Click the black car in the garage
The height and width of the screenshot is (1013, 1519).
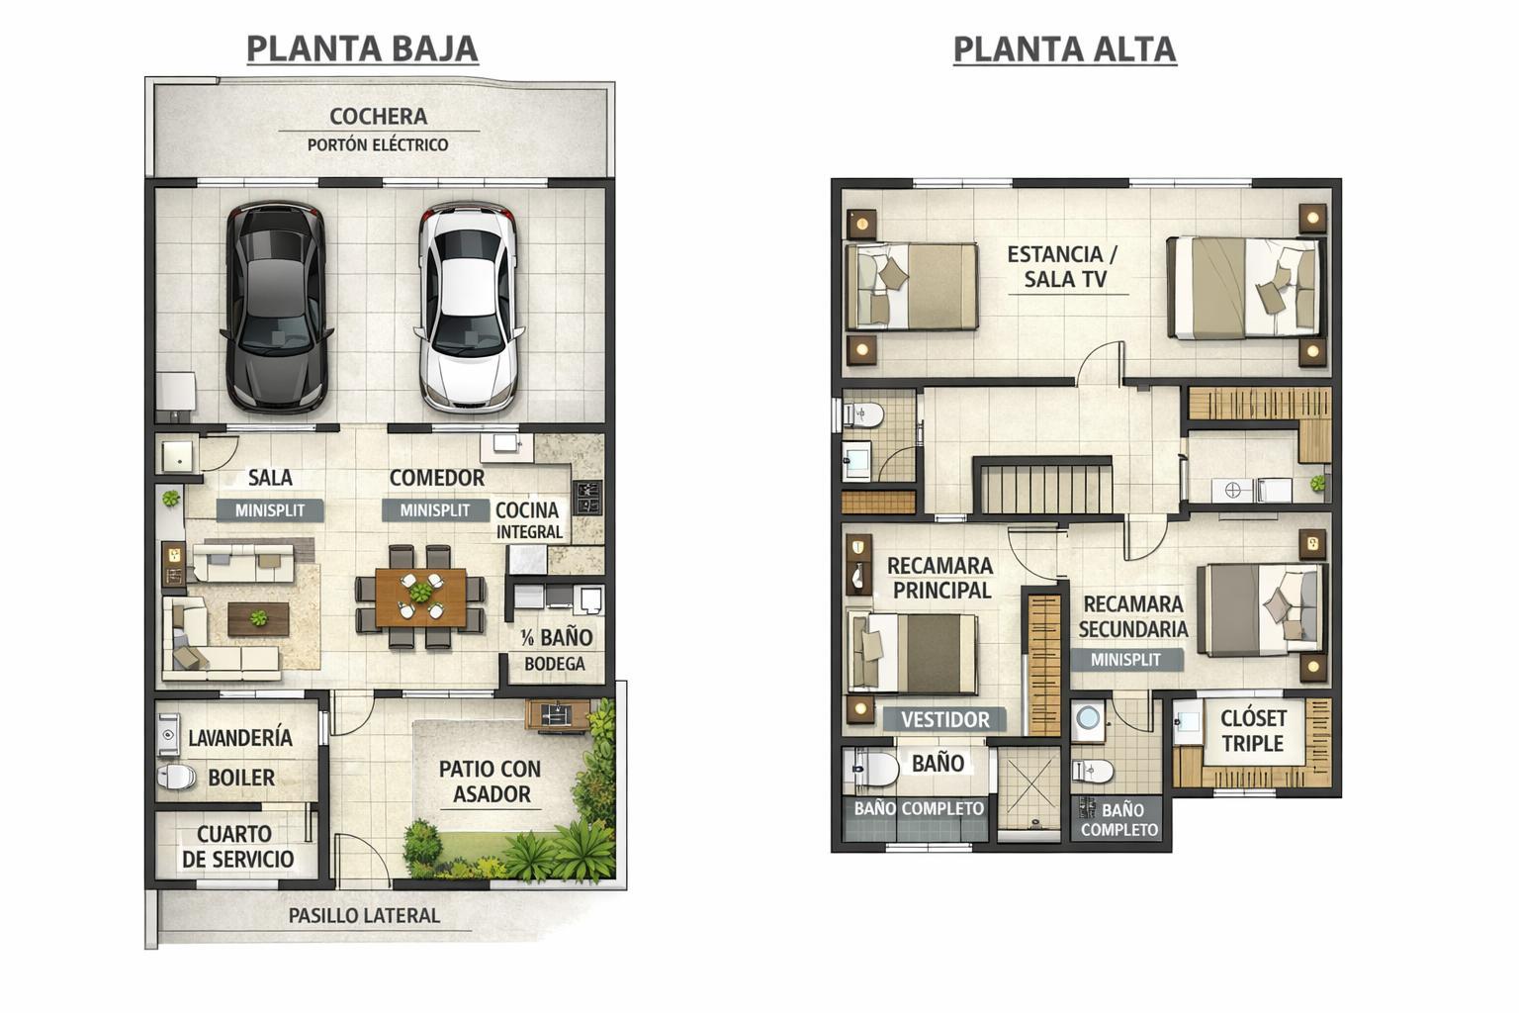[275, 308]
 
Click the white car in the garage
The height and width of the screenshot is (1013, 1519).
[469, 308]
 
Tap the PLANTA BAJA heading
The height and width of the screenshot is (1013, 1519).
[362, 48]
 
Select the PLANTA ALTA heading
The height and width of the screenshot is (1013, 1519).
[1065, 48]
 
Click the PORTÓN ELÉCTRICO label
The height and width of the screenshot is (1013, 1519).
[378, 144]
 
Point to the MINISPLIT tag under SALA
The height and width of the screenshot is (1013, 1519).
[270, 510]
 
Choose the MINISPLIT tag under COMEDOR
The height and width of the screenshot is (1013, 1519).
[435, 510]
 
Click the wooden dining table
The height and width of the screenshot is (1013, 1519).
[420, 598]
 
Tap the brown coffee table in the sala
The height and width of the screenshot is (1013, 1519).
[258, 619]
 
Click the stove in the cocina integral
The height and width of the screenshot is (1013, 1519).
[587, 498]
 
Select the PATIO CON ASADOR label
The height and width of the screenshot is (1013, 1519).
[491, 782]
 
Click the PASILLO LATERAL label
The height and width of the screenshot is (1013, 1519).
[364, 916]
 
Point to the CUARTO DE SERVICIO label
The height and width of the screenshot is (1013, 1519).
[237, 847]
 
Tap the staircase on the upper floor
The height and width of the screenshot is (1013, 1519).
[1043, 486]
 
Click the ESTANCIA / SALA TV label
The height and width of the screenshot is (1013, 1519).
[1063, 267]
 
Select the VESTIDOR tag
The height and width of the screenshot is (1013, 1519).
[944, 719]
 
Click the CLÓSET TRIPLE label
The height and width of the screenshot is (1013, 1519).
[1253, 731]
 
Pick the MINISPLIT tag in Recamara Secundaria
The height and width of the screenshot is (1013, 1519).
[1125, 660]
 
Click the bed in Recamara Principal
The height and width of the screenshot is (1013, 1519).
[913, 654]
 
